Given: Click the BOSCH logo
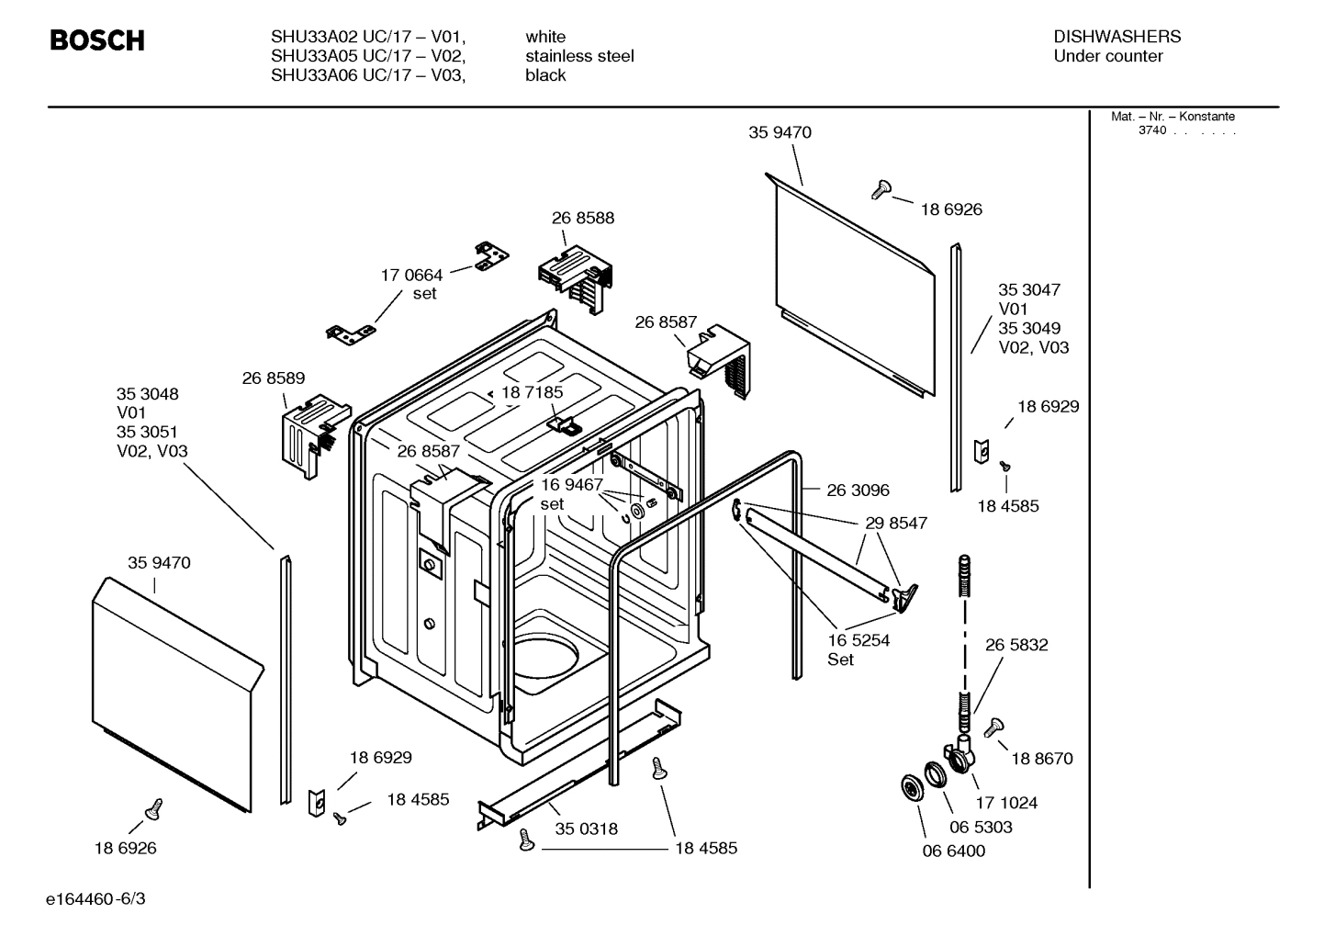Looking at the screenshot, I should point(96,41).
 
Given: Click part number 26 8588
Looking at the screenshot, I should point(583,219).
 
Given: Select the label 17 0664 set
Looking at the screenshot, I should point(412,284).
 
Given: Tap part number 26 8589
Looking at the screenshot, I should point(274,378).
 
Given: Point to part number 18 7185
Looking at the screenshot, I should point(533,392).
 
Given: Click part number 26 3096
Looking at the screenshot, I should point(858,491).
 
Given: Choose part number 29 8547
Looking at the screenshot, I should point(896,524).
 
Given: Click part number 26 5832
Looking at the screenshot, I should point(1016,646).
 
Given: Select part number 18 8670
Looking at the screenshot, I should point(1042,759).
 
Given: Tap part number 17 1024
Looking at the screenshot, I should point(1006,803).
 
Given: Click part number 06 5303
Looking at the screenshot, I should point(981,828).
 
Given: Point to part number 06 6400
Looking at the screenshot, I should point(954,851).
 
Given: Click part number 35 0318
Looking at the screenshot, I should point(586,829).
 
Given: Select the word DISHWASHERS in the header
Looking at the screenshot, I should point(1117,37).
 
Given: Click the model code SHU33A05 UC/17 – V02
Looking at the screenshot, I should point(368,56).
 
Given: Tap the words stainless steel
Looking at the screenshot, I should point(579,56).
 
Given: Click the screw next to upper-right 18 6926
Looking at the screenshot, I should point(881,189).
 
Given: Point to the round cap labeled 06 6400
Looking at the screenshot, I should point(913,789).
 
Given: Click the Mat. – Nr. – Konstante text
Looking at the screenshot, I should point(1173,117).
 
